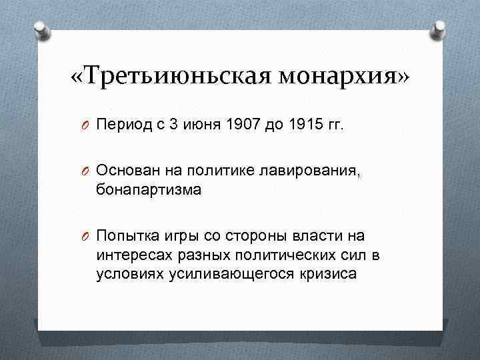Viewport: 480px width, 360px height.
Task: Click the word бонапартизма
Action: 148,191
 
